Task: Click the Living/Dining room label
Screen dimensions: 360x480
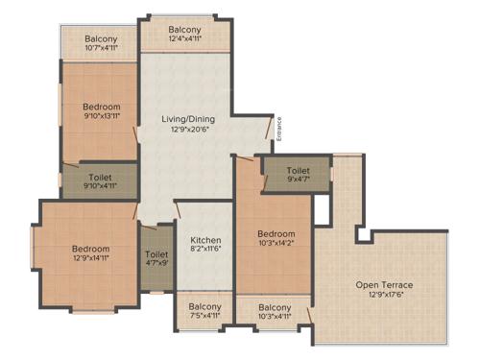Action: tap(188, 119)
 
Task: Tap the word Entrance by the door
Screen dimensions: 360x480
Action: tap(279, 129)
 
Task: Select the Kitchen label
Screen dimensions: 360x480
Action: tap(205, 240)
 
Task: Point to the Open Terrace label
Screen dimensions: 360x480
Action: tap(384, 285)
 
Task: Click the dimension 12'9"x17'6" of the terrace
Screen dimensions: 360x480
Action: tap(384, 296)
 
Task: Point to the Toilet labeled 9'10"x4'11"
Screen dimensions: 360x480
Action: tap(100, 178)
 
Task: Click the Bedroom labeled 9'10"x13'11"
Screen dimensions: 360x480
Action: tap(101, 107)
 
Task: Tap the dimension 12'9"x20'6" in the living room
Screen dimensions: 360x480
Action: tap(188, 130)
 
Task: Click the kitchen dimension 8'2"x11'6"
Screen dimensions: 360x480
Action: tap(205, 250)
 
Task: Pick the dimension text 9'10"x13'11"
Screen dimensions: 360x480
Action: tap(101, 116)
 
